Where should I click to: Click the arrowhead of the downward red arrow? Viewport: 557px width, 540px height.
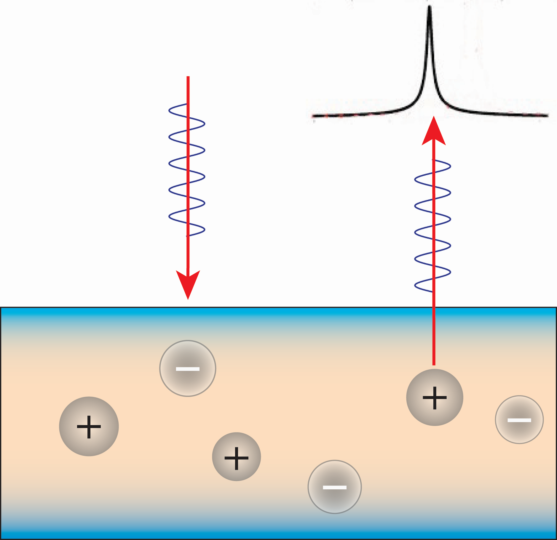pos(188,283)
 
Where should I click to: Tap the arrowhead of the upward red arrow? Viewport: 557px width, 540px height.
pos(434,132)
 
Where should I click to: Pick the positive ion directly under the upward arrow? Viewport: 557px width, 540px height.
pos(435,397)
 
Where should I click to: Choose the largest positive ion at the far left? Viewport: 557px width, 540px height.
pos(89,426)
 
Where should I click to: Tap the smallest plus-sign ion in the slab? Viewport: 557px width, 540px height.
pos(236,456)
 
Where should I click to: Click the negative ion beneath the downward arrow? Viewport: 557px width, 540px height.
pos(188,368)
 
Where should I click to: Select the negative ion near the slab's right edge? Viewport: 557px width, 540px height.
pos(519,419)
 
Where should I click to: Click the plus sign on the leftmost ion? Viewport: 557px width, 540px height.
pos(89,427)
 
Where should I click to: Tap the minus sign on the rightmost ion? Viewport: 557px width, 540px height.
pos(519,420)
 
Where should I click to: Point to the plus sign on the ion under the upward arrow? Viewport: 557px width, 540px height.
pos(435,398)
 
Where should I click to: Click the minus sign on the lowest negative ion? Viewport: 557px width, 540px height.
pos(334,487)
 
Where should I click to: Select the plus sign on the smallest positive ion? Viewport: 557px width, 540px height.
pos(236,458)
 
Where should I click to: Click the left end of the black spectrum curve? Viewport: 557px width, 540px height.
pos(313,116)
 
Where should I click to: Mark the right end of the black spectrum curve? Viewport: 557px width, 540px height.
pos(547,115)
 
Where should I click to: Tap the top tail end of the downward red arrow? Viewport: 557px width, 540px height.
pos(188,77)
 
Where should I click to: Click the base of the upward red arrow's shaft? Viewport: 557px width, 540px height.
pos(434,364)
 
